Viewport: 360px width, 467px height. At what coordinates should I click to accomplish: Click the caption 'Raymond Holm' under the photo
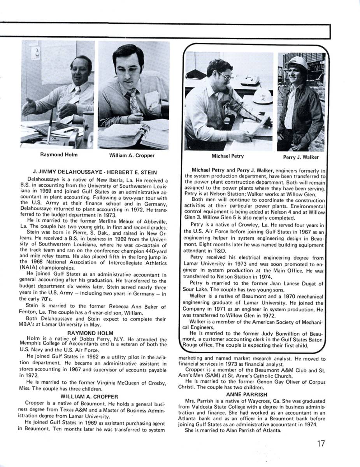click(59, 154)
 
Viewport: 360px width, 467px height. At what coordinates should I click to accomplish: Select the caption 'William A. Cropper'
click(132, 156)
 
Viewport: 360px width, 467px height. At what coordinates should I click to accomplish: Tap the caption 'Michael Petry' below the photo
click(228, 156)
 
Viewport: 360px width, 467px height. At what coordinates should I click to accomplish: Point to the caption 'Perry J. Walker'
click(301, 157)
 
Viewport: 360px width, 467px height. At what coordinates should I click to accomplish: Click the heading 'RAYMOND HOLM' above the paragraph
click(90, 333)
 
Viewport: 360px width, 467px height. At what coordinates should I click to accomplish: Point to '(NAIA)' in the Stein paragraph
click(28, 268)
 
